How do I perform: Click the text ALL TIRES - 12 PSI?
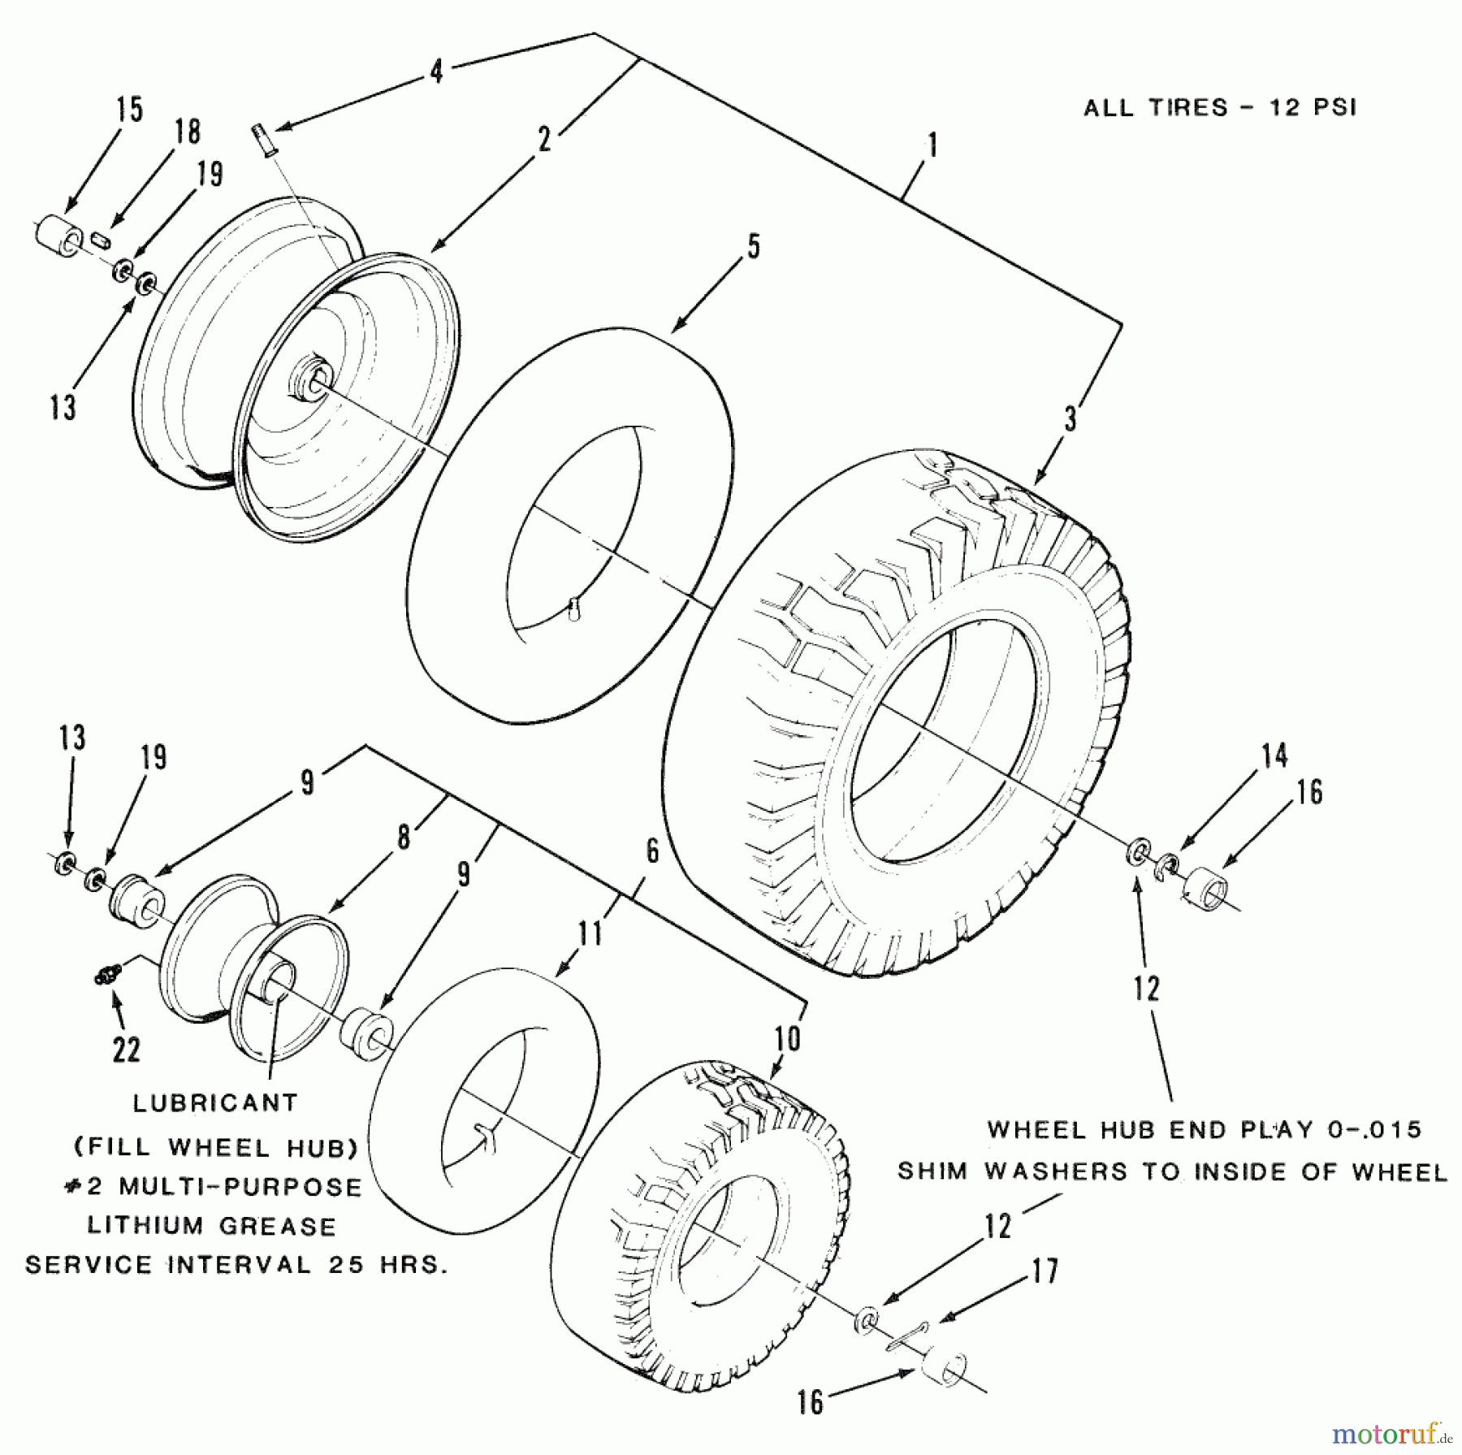click(x=1219, y=108)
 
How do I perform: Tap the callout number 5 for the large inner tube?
click(x=753, y=246)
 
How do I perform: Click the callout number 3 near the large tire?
click(x=1071, y=419)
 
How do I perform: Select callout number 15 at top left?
click(x=129, y=110)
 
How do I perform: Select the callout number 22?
click(x=127, y=1050)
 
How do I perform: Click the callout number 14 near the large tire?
click(x=1274, y=756)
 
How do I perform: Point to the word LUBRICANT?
click(x=215, y=1103)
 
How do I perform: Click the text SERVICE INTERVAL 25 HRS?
click(x=236, y=1265)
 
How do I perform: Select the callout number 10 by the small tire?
click(x=787, y=1039)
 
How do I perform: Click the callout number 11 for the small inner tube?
click(x=590, y=933)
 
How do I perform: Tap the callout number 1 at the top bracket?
click(x=932, y=147)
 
